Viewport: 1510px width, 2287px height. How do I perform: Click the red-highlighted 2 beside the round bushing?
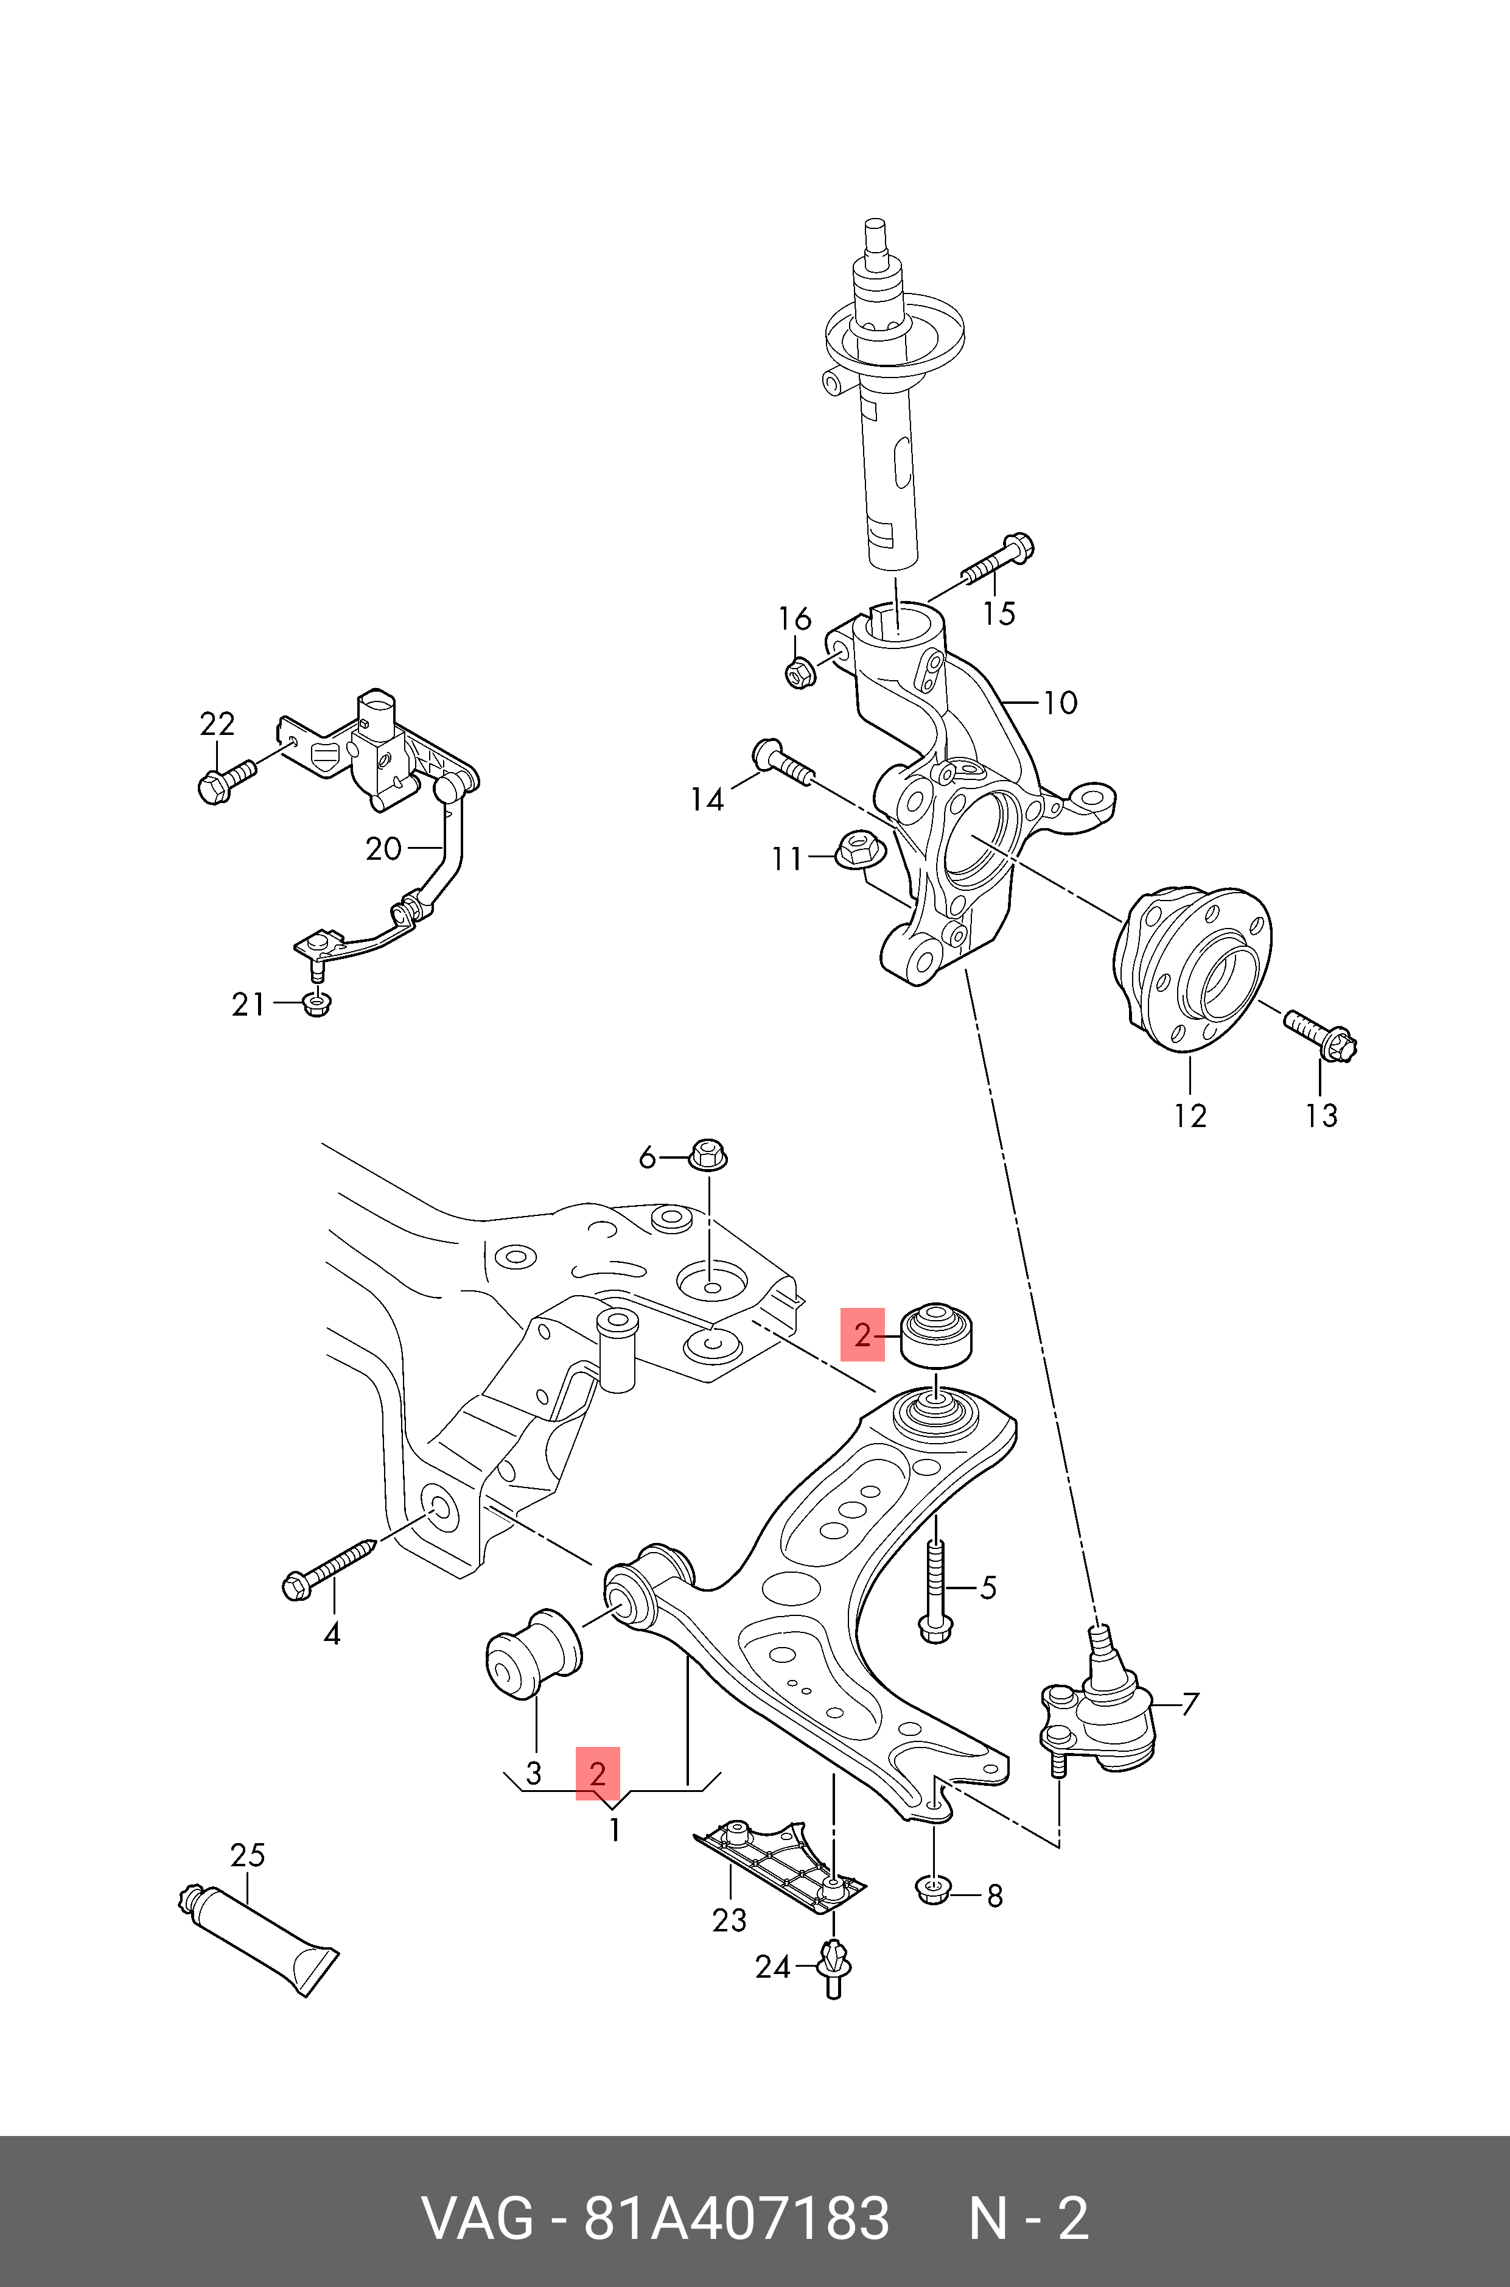[x=862, y=1334]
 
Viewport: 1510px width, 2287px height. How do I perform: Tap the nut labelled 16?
[x=799, y=672]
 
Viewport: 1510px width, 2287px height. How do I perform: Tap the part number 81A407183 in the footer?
[x=736, y=2218]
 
